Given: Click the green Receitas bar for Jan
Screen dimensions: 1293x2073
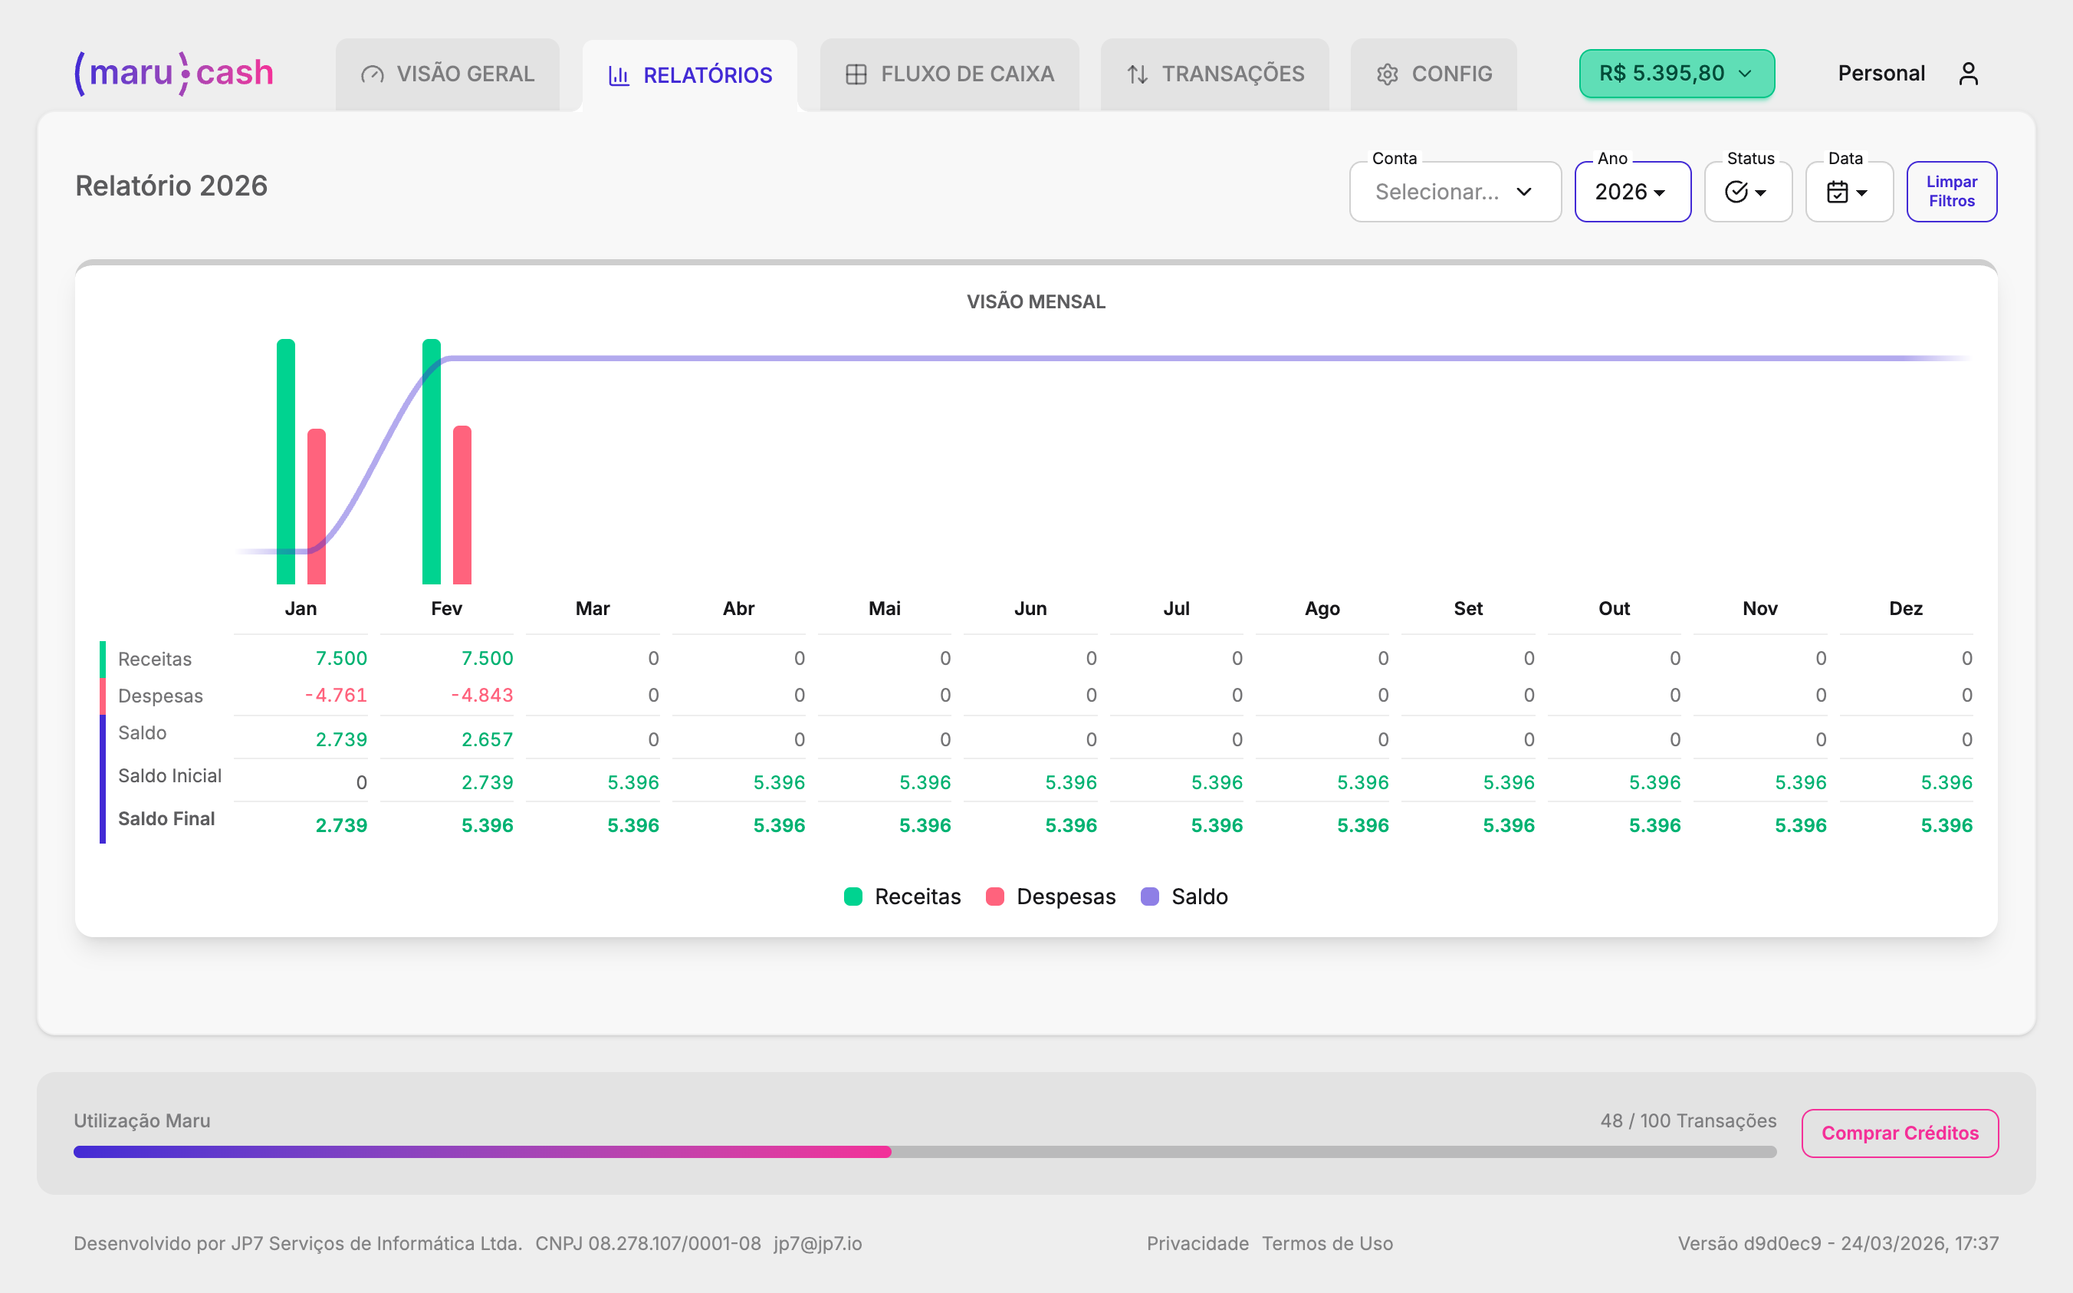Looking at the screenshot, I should click(x=285, y=462).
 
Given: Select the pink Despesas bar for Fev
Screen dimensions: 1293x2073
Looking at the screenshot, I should click(x=462, y=505).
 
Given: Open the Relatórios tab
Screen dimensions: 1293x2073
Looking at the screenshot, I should click(x=690, y=75).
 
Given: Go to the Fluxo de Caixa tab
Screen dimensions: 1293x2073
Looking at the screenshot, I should click(x=950, y=74).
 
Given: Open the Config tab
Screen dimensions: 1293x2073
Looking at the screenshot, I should click(x=1434, y=74).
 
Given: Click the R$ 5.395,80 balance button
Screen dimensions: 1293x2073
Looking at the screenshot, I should click(x=1677, y=74).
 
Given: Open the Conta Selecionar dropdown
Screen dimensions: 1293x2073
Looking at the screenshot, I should click(x=1455, y=192).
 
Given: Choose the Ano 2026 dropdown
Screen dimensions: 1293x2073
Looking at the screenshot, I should click(x=1632, y=192).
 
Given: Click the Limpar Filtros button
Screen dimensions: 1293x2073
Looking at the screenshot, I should click(x=1952, y=192).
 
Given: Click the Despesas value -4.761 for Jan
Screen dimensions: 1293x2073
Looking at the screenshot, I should click(x=337, y=696).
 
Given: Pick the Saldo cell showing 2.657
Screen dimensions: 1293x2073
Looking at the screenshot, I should click(x=488, y=740).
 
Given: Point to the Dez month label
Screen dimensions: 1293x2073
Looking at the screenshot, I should click(x=1905, y=609).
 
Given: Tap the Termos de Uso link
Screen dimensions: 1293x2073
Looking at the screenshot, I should click(x=1328, y=1243).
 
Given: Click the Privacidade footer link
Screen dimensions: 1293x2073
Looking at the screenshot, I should click(x=1197, y=1243).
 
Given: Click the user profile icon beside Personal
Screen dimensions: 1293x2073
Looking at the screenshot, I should click(x=1969, y=74).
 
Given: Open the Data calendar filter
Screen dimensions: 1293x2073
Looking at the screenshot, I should click(x=1848, y=192).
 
